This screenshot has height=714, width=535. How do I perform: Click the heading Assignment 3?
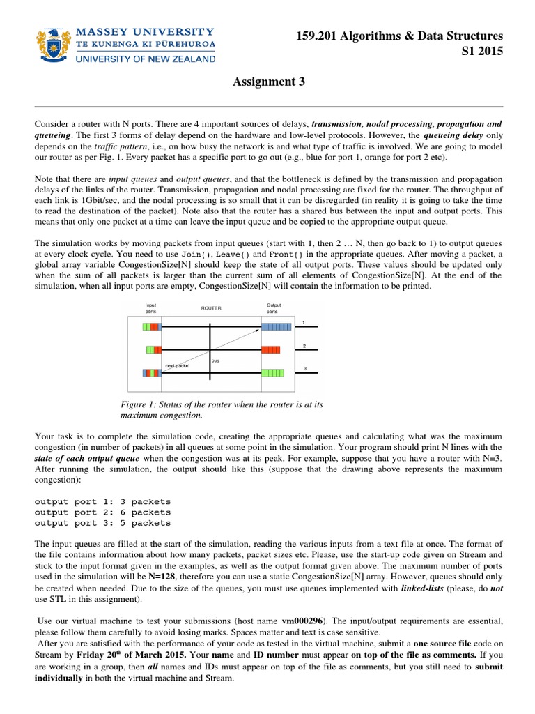267,82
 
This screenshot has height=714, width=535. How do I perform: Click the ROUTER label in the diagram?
210,307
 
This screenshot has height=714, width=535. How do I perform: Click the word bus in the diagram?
215,360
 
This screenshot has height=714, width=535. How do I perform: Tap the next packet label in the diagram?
178,365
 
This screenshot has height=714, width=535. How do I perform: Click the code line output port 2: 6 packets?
102,512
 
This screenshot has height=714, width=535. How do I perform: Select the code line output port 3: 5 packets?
102,522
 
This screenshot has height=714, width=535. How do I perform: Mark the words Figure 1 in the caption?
137,404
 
